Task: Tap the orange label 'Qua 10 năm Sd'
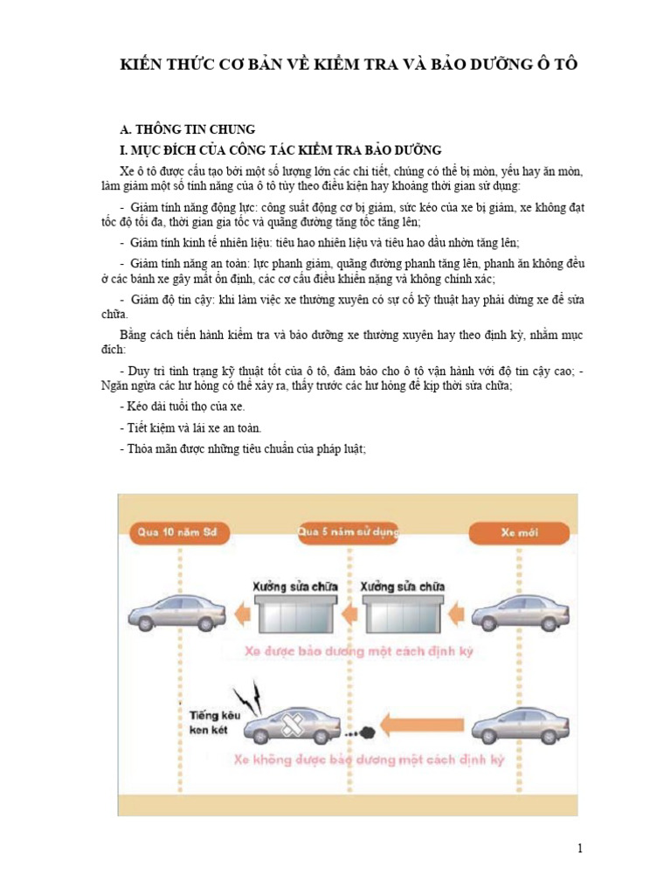pos(174,531)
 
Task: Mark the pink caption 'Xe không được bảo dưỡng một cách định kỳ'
pos(369,760)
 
